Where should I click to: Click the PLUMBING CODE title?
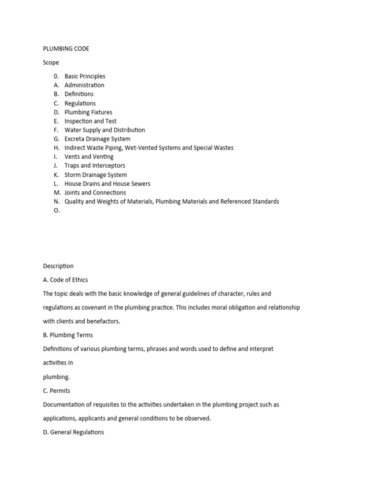pyautogui.click(x=66, y=49)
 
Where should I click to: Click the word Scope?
pyautogui.click(x=51, y=62)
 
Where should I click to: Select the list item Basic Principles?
pyautogui.click(x=85, y=76)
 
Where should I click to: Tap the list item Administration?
pyautogui.click(x=84, y=85)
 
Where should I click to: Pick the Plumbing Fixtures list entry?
pyautogui.click(x=89, y=112)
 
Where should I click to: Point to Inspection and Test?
pyautogui.click(x=91, y=121)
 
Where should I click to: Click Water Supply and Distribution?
pyautogui.click(x=105, y=130)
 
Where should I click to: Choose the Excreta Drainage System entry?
pyautogui.click(x=97, y=139)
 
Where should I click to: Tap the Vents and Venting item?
pyautogui.click(x=89, y=157)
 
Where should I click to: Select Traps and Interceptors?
pyautogui.click(x=95, y=166)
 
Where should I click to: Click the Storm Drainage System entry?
pyautogui.click(x=96, y=175)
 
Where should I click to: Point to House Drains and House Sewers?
pyautogui.click(x=107, y=184)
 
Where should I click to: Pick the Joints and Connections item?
pyautogui.click(x=95, y=193)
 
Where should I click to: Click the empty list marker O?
pyautogui.click(x=57, y=211)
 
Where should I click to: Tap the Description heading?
pyautogui.click(x=58, y=266)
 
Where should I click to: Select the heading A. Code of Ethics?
pyautogui.click(x=65, y=280)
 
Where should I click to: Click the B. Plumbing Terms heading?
pyautogui.click(x=68, y=335)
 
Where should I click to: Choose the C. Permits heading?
pyautogui.click(x=56, y=391)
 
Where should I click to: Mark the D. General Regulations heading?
pyautogui.click(x=73, y=432)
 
